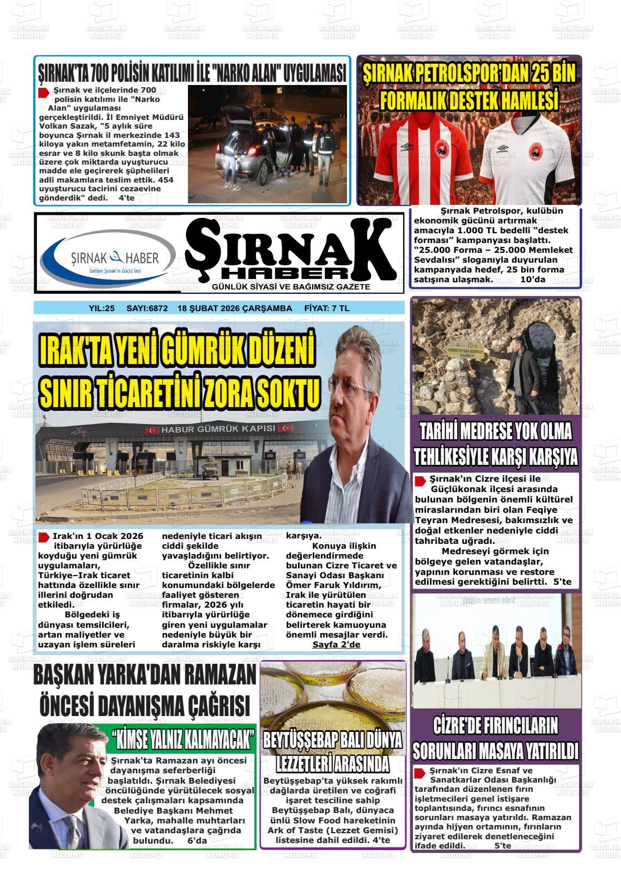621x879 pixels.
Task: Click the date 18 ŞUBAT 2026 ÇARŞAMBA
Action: [235, 308]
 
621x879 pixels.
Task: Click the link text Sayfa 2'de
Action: [336, 645]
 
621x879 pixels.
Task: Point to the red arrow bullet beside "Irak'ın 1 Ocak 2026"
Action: [44, 537]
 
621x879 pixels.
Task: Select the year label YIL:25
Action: [101, 308]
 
